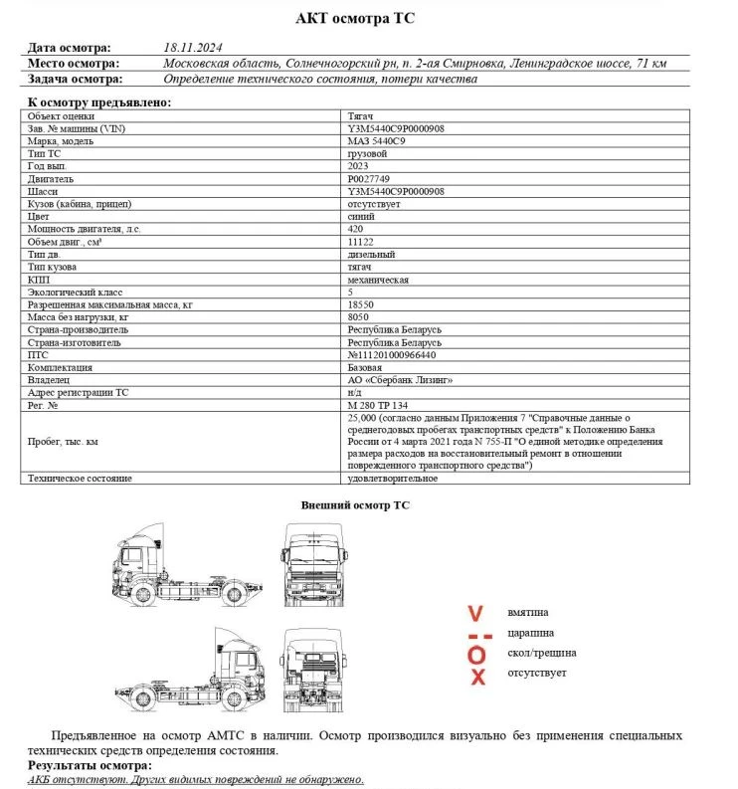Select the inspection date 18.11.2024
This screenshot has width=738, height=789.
pyautogui.click(x=194, y=47)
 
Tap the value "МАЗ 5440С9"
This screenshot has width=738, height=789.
pyautogui.click(x=377, y=141)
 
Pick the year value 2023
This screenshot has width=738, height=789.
pyautogui.click(x=358, y=166)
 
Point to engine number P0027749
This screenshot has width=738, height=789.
pyautogui.click(x=370, y=179)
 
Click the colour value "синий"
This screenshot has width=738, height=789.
pyautogui.click(x=361, y=216)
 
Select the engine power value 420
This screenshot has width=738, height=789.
pyautogui.click(x=356, y=229)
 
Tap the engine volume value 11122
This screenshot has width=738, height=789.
pyautogui.click(x=360, y=242)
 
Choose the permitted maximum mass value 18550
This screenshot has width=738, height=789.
pyautogui.click(x=360, y=303)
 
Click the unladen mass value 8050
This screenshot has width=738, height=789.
pyautogui.click(x=358, y=316)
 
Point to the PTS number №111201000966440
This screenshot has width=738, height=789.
pyautogui.click(x=392, y=354)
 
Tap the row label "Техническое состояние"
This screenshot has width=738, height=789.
pyautogui.click(x=80, y=479)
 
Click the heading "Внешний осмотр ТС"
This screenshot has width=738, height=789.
pyautogui.click(x=355, y=505)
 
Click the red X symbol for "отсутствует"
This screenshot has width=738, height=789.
pyautogui.click(x=477, y=677)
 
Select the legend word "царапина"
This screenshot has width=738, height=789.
pyautogui.click(x=531, y=633)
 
